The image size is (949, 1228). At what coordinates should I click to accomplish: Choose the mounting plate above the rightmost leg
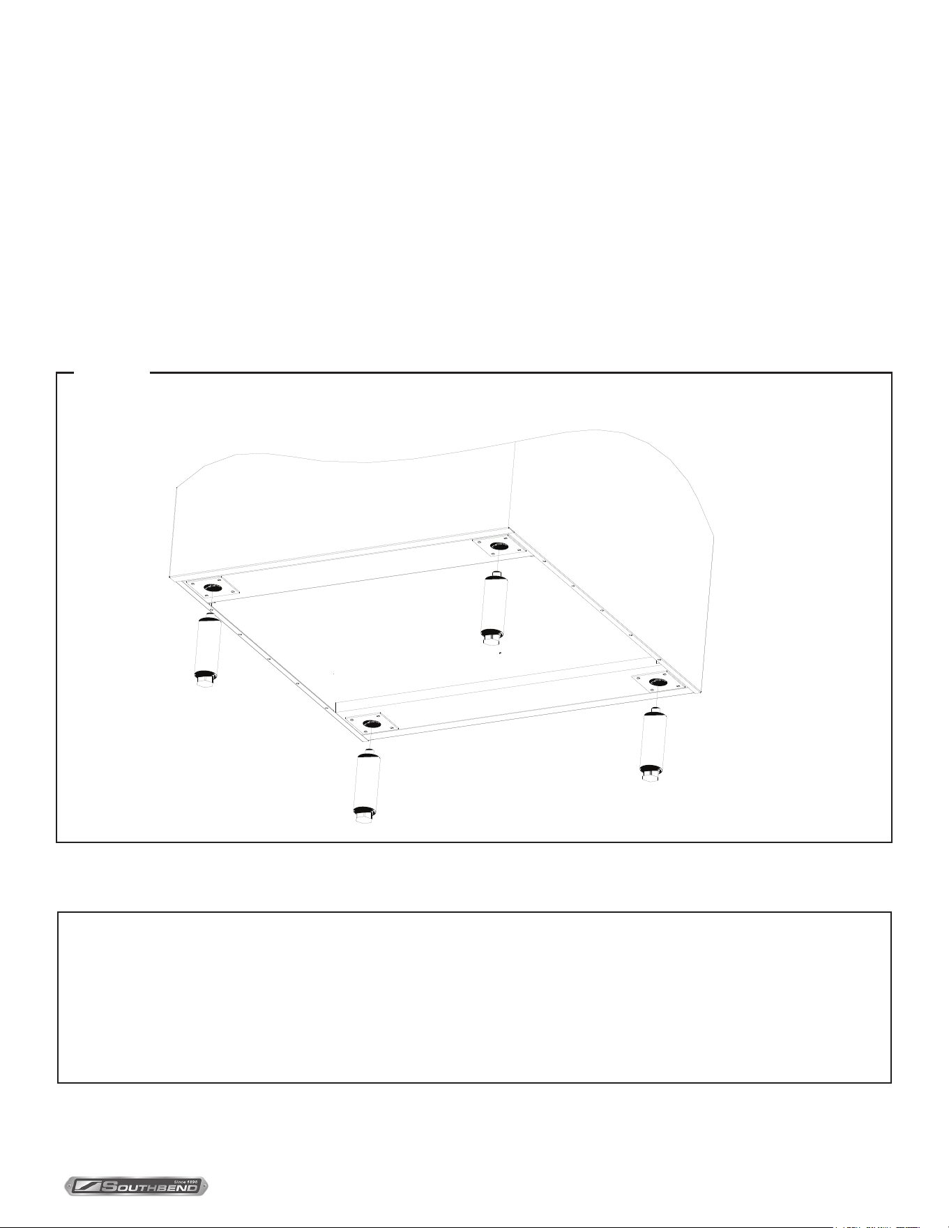point(658,682)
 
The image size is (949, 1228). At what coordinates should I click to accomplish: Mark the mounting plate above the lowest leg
point(372,725)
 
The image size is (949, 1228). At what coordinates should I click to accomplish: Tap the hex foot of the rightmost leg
point(650,774)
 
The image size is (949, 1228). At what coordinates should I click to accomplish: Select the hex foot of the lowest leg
point(364,815)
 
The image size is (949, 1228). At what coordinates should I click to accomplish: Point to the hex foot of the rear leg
point(491,637)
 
